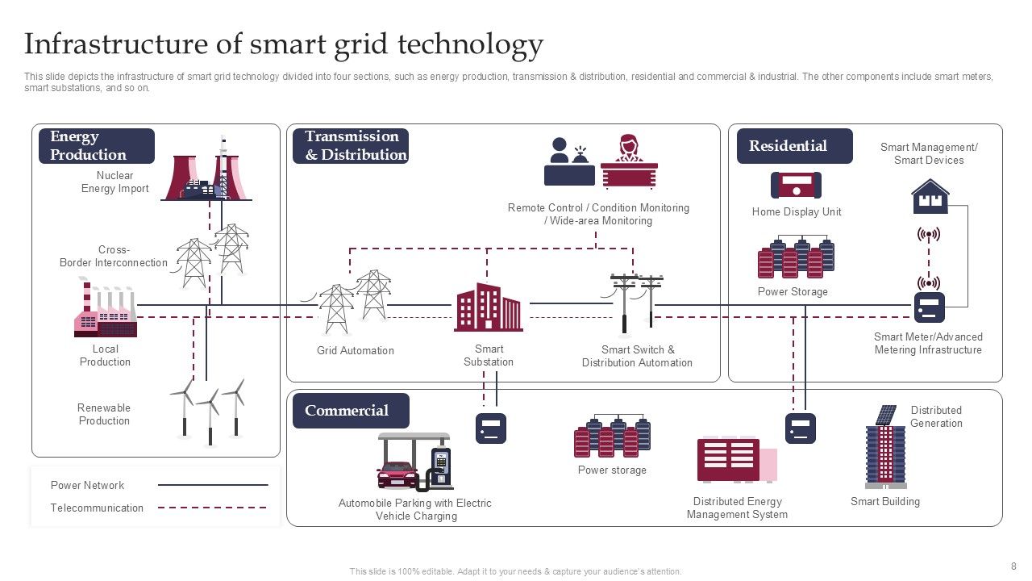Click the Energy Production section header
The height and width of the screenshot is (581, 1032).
coord(96,146)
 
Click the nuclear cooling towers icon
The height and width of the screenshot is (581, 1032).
coord(206,172)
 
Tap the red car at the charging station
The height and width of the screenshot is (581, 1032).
coord(397,474)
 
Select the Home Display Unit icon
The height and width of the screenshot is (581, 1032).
coord(796,186)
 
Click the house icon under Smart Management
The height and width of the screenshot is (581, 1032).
coord(930,196)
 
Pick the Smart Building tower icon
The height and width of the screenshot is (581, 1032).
coord(885,449)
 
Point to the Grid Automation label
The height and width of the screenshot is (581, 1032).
coord(356,351)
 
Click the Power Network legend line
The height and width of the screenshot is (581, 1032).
coord(213,485)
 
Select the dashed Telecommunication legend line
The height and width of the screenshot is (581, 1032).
coord(213,508)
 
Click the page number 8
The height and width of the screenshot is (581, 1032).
coord(1013,566)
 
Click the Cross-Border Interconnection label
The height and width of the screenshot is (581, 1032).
coord(114,257)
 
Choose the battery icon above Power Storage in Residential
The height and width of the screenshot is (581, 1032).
coord(796,257)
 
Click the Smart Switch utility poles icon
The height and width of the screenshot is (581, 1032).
coord(636,303)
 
